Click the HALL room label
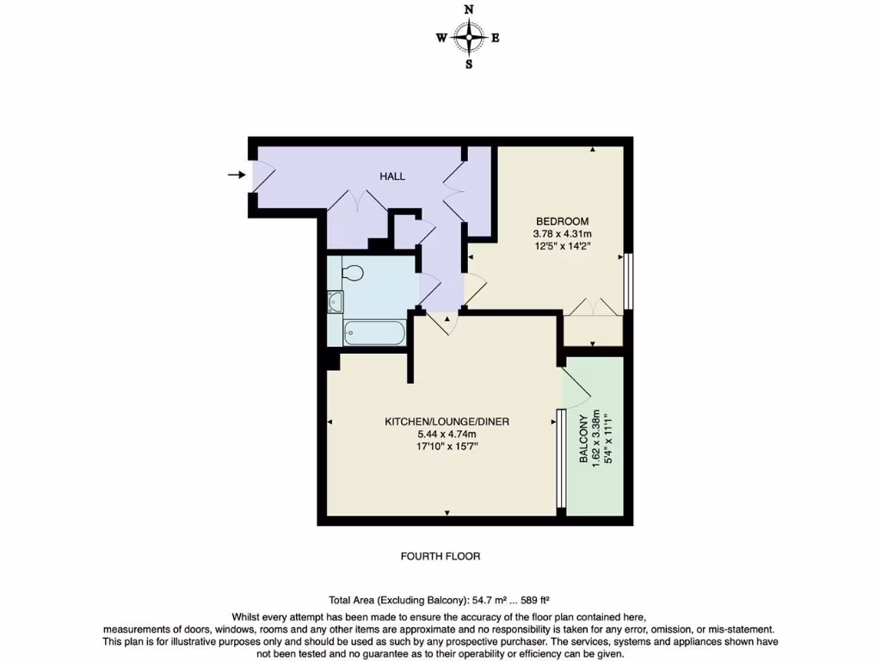pyautogui.click(x=392, y=176)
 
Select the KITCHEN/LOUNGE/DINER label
pyautogui.click(x=447, y=422)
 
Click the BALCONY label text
pyautogui.click(x=584, y=440)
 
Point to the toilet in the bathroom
pyautogui.click(x=352, y=273)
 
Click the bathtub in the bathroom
pyautogui.click(x=374, y=332)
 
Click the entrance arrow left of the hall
pyautogui.click(x=235, y=176)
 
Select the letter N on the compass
pyautogui.click(x=469, y=9)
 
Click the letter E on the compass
pyautogui.click(x=496, y=38)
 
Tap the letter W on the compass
pyautogui.click(x=440, y=38)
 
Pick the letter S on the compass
pyautogui.click(x=469, y=65)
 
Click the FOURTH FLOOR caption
pyautogui.click(x=440, y=557)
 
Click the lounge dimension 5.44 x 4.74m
pyautogui.click(x=447, y=435)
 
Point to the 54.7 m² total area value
pyautogui.click(x=483, y=601)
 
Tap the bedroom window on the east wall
pyautogui.click(x=629, y=281)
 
